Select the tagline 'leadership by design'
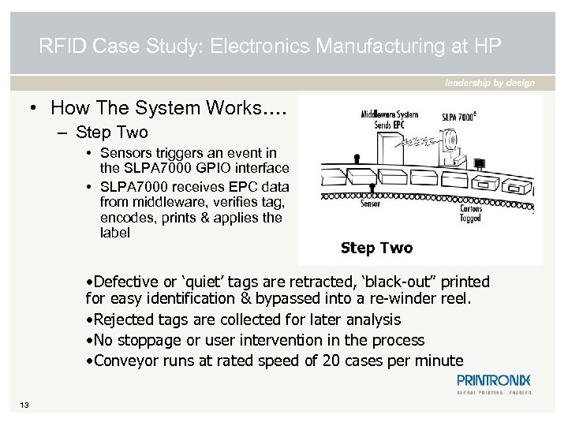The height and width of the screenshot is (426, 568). coord(490,83)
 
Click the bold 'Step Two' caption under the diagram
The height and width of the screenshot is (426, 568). coord(376,248)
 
